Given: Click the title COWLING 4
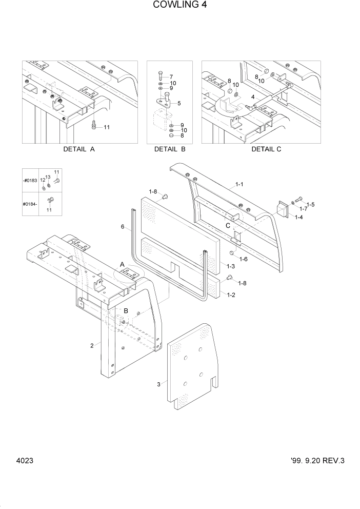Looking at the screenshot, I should pos(179,6).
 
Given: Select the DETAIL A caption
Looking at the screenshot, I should pos(79,150).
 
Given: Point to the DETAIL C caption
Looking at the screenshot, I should pos(266,150).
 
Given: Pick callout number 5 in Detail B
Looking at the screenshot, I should pos(178,104).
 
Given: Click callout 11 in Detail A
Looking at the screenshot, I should pos(107,127).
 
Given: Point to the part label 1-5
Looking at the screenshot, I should pos(311,205).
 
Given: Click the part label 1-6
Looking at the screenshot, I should pos(242,259).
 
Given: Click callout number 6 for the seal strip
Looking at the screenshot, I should pos(123,226).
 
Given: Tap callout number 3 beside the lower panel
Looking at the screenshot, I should pos(159,384).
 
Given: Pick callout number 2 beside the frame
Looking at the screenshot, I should pos(92,345).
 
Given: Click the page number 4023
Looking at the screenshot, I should pos(24,461).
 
